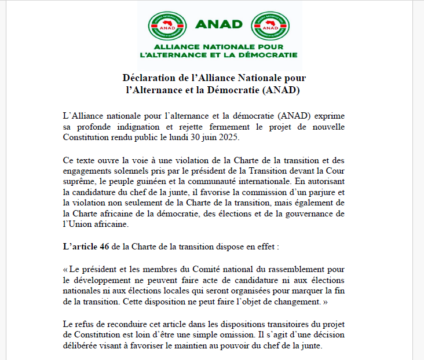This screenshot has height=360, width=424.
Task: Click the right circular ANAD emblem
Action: click(271, 25)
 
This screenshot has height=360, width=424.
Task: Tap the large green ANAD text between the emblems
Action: click(219, 24)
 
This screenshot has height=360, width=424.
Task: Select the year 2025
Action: click(225, 137)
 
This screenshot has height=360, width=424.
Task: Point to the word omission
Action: click(238, 336)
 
